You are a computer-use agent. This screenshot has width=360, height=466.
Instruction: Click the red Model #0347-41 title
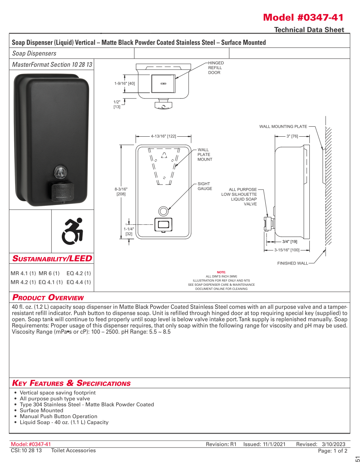point(303,17)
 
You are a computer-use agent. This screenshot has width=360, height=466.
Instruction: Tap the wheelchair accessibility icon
point(73,231)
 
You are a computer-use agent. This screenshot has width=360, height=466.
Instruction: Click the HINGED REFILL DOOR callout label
point(216,68)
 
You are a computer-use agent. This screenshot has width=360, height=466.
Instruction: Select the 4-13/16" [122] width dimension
point(163,136)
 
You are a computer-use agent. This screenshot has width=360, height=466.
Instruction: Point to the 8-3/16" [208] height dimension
point(121,191)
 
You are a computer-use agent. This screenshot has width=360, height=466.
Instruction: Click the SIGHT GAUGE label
point(205,186)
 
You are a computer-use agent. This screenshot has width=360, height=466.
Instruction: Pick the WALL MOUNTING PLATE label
point(283,126)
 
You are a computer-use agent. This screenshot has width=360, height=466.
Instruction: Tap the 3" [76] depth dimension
point(292,136)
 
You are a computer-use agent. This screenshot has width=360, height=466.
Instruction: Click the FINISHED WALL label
point(292,263)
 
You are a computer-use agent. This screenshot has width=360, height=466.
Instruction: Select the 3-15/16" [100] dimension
point(287,250)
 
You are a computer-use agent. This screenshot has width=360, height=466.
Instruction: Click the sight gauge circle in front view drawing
point(163,211)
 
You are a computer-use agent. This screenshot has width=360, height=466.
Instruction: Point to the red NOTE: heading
point(221,272)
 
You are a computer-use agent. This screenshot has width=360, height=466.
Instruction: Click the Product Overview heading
point(48,297)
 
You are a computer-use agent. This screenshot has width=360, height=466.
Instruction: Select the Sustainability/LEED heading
point(52,258)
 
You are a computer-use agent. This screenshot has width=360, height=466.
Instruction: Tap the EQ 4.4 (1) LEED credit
point(79,282)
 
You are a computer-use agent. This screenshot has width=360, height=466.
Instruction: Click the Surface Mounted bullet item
point(41,410)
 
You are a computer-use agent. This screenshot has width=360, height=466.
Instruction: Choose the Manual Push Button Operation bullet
point(58,416)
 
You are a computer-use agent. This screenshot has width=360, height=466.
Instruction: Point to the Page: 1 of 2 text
point(333,451)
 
